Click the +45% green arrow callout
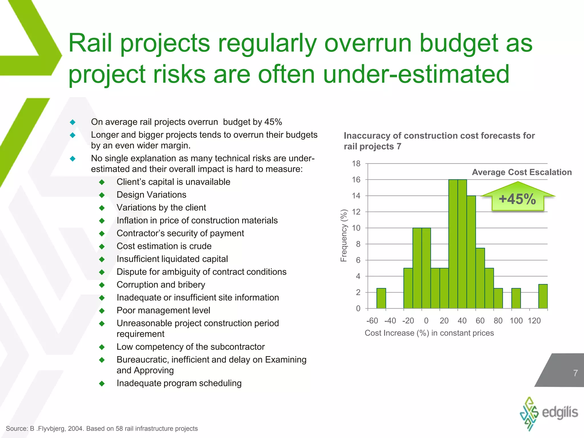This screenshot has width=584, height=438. [x=518, y=198]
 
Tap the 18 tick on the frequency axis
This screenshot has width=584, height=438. [x=356, y=164]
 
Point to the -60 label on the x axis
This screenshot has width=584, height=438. [x=372, y=321]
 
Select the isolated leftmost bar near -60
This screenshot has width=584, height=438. [x=381, y=298]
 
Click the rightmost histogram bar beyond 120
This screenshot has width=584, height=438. [x=543, y=297]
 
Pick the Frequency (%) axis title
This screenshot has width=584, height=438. [x=344, y=236]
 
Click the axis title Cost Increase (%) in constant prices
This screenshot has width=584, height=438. [x=429, y=333]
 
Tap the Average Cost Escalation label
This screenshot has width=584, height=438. [x=522, y=172]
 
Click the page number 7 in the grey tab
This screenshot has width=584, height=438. [x=575, y=373]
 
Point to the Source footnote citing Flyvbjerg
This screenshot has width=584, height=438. [x=102, y=429]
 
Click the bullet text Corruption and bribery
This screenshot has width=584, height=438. [x=161, y=285]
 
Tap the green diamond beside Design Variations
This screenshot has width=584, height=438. [x=102, y=195]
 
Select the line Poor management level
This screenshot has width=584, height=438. [x=163, y=310]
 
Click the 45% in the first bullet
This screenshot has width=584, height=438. [x=273, y=122]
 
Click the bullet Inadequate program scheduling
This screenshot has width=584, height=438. [x=179, y=383]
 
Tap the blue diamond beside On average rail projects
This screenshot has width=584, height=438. [x=73, y=122]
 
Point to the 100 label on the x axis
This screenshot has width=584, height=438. [x=516, y=321]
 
